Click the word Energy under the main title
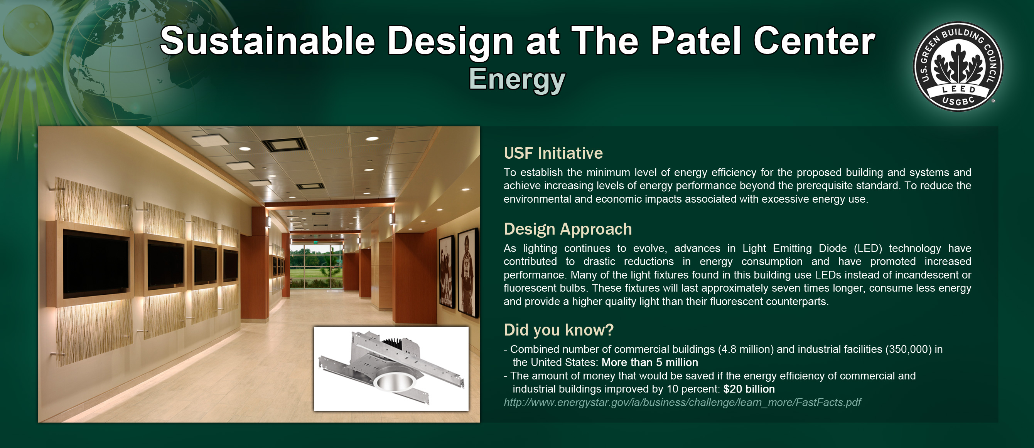click(517, 79)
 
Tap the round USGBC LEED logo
click(958, 67)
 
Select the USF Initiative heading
click(553, 153)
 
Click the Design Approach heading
click(568, 230)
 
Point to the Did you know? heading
click(559, 330)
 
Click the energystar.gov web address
click(682, 402)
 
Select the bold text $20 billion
click(749, 389)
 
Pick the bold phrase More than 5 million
click(650, 362)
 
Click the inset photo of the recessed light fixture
click(391, 369)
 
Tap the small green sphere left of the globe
click(28, 30)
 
